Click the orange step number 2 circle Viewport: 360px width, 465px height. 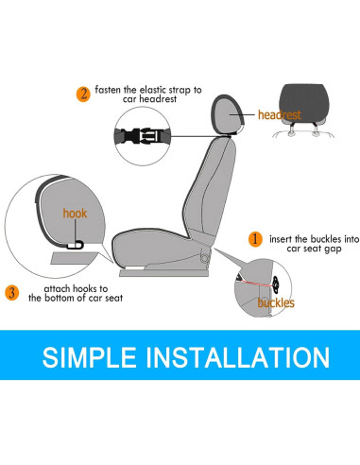84,95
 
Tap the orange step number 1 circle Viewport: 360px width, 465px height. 254,241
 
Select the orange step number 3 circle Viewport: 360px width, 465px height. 12,292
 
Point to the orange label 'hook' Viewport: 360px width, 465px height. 75,214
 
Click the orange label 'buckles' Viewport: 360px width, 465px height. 277,302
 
